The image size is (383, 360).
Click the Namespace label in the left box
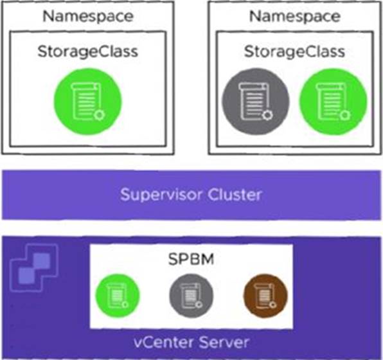(x=88, y=16)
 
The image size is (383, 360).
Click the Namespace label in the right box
(x=295, y=16)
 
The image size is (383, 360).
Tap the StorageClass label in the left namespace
(x=88, y=52)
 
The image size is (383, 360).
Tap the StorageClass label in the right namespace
(x=294, y=52)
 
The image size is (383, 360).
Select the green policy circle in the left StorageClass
(x=87, y=102)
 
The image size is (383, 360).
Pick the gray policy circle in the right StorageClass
(x=256, y=102)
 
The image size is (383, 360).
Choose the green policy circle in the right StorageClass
(x=333, y=102)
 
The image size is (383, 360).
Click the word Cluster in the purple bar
(x=235, y=195)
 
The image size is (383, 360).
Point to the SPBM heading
(x=191, y=259)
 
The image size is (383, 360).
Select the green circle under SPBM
(x=118, y=296)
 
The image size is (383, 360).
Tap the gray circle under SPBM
(x=191, y=296)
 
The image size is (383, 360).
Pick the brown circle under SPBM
(x=265, y=296)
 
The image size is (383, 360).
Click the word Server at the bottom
(x=224, y=343)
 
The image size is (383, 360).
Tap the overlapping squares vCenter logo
(x=34, y=268)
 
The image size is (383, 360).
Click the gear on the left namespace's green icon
(x=99, y=115)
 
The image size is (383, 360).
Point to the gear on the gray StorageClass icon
(x=267, y=115)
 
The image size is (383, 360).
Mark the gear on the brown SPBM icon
(x=273, y=305)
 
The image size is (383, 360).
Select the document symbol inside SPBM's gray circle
(x=190, y=296)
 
